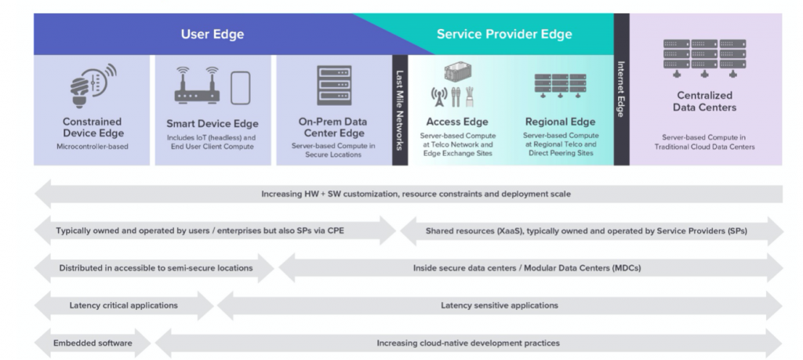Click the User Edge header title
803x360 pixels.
pyautogui.click(x=212, y=35)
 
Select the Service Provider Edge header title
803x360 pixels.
pyautogui.click(x=504, y=35)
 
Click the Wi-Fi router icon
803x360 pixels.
pyautogui.click(x=197, y=85)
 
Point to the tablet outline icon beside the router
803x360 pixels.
pyautogui.click(x=240, y=88)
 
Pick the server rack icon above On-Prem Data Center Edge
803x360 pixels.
pyautogui.click(x=334, y=85)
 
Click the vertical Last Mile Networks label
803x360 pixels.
pyautogui.click(x=400, y=110)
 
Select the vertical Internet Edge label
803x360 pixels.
pyautogui.click(x=621, y=89)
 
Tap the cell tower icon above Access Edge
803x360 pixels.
pyautogui.click(x=439, y=96)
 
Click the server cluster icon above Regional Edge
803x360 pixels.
pyautogui.click(x=560, y=85)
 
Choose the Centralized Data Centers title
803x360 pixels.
pyautogui.click(x=704, y=101)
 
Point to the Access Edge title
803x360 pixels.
pyautogui.click(x=457, y=122)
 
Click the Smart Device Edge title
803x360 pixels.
pyautogui.click(x=213, y=124)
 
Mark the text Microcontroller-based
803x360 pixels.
pyautogui.click(x=93, y=147)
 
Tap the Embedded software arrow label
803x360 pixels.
pyautogui.click(x=93, y=343)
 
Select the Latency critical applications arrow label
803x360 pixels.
pyautogui.click(x=123, y=305)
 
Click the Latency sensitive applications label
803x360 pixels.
pyautogui.click(x=500, y=305)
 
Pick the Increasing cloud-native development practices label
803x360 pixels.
pyautogui.click(x=468, y=343)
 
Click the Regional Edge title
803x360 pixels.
pyautogui.click(x=560, y=122)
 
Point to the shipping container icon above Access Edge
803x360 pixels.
pyautogui.click(x=458, y=72)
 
